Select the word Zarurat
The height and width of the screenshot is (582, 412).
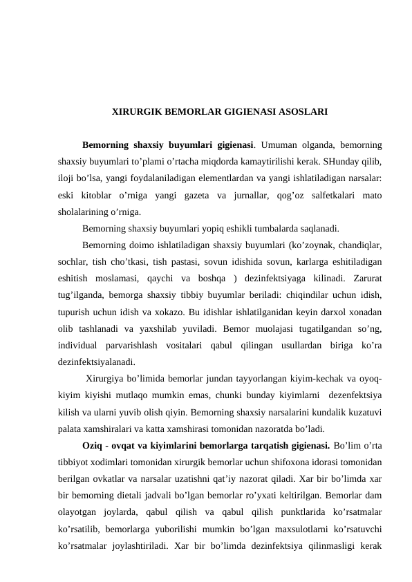click(367, 278)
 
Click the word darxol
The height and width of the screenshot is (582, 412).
click(328, 311)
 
